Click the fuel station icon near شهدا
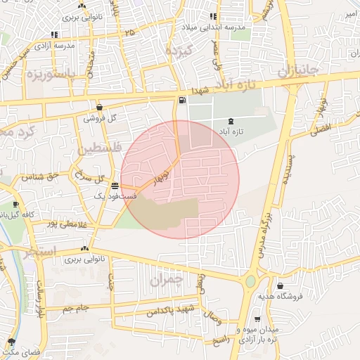pyautogui.click(x=183, y=100)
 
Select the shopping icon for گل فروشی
pyautogui.click(x=99, y=108)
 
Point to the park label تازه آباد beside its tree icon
pyautogui.click(x=248, y=131)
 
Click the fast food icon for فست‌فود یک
pyautogui.click(x=115, y=186)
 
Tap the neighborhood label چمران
pyautogui.click(x=166, y=279)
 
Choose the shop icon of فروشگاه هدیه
pyautogui.click(x=281, y=286)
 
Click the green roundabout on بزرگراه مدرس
pyautogui.click(x=250, y=282)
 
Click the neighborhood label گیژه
pyautogui.click(x=177, y=50)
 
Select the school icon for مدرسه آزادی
pyautogui.click(x=54, y=34)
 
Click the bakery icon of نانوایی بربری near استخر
pyautogui.click(x=85, y=248)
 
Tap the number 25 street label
pyautogui.click(x=129, y=32)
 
